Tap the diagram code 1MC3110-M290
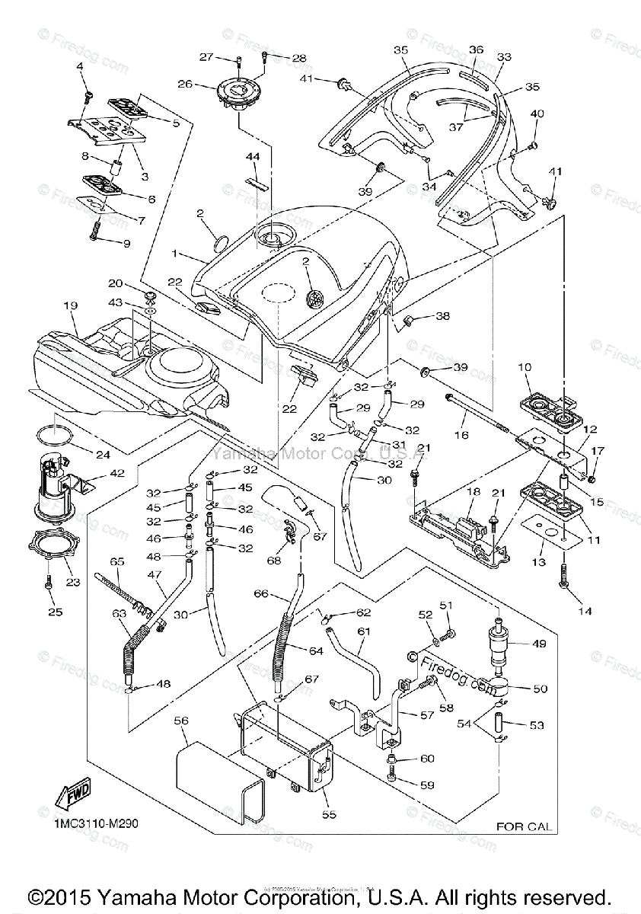(x=96, y=823)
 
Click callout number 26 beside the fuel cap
(x=184, y=85)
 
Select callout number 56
(x=181, y=719)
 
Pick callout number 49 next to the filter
(x=539, y=644)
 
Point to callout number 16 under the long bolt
(x=461, y=435)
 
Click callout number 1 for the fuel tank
(x=175, y=253)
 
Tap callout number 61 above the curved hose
(x=364, y=631)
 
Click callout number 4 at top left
(x=79, y=68)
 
